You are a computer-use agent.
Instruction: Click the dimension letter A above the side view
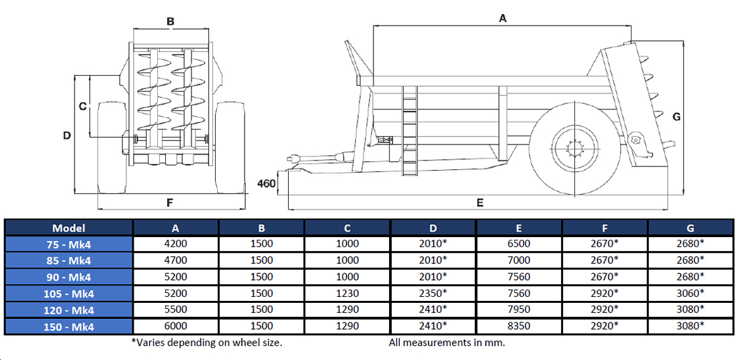tap(503, 19)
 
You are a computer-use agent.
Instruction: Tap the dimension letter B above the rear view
tap(171, 21)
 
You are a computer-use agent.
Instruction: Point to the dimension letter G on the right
tap(677, 116)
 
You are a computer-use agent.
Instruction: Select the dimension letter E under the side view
tap(480, 202)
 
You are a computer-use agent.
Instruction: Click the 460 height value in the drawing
tap(267, 183)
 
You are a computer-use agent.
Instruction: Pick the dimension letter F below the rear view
tap(170, 202)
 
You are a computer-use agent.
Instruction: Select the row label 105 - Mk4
tap(69, 294)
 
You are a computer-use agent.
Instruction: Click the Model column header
tap(69, 228)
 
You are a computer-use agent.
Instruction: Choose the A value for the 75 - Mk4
tap(176, 244)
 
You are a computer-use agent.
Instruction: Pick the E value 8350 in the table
tap(519, 326)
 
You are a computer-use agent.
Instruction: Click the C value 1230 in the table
tap(347, 294)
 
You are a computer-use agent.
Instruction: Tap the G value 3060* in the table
tap(691, 294)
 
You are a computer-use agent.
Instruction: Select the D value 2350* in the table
tap(433, 294)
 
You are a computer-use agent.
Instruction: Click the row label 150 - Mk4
tap(69, 326)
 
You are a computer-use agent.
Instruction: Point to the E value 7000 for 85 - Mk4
tap(519, 261)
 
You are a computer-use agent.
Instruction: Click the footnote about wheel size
tap(207, 343)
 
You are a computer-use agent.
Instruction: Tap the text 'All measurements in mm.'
tap(447, 343)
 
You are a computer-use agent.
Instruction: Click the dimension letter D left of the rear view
tap(67, 136)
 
